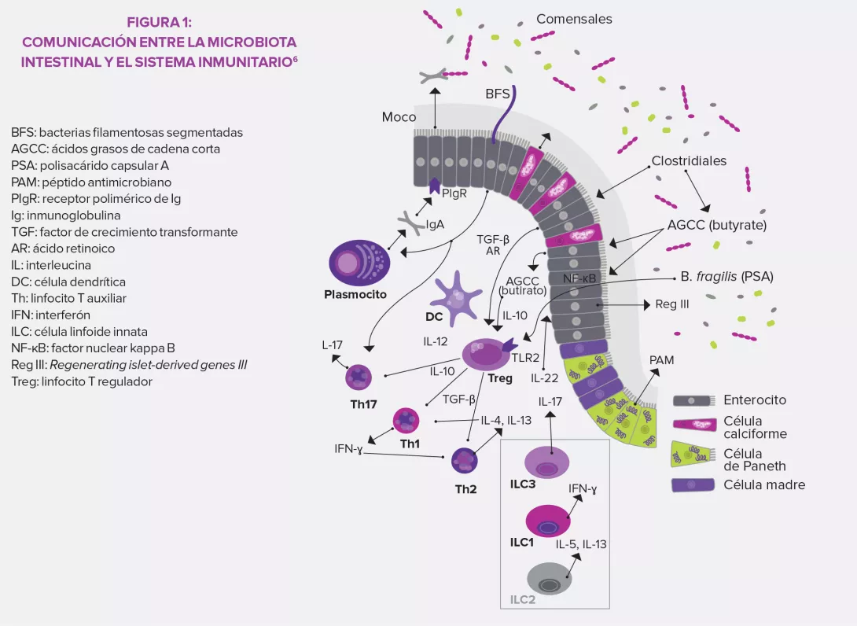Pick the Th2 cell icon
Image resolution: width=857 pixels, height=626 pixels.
coord(465,459)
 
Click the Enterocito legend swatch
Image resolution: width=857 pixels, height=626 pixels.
coord(694,400)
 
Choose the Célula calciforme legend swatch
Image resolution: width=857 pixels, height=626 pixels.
coord(694,425)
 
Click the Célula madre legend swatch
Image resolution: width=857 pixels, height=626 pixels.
coord(694,484)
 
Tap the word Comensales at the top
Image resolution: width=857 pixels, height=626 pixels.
coord(574,19)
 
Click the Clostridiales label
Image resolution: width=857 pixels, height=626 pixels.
coord(689,160)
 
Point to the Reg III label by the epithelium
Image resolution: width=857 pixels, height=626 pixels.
coord(672,304)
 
